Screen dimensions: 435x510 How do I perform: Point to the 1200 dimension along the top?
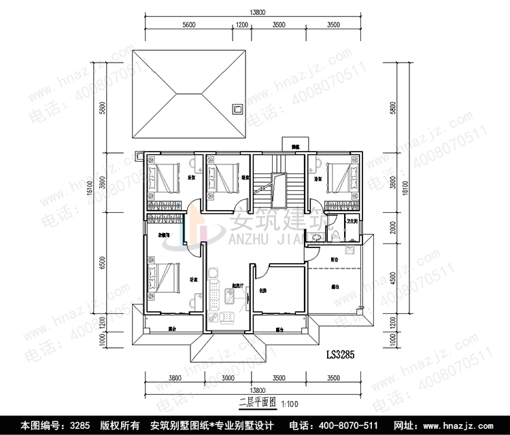(x=241, y=24)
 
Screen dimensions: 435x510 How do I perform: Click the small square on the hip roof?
(x=238, y=108)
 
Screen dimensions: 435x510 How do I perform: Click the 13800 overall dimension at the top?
(x=257, y=12)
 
